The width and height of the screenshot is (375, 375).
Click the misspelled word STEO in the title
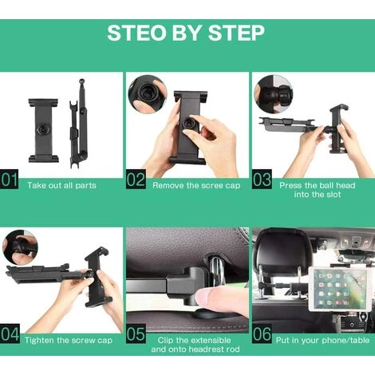pos(137,33)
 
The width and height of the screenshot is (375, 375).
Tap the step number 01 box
pos(9,179)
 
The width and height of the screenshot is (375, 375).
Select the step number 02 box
pos(136,179)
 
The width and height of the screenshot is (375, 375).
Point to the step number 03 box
pos(262,179)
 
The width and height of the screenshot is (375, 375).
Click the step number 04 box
pos(10,334)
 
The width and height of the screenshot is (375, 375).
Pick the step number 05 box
pos(136,334)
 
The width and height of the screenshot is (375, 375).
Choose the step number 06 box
pos(262,334)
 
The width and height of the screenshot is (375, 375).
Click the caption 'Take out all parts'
pos(61,185)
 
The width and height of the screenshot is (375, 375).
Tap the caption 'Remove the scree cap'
pos(196,185)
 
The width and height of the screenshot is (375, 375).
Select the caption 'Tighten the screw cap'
pos(69,341)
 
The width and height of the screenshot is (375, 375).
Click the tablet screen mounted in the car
pos(337,288)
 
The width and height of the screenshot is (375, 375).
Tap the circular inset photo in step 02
pos(147,94)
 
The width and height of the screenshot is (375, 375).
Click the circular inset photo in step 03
pos(274,94)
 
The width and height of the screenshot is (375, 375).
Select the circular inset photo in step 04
pos(20,248)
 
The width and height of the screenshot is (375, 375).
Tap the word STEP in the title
pos(236,33)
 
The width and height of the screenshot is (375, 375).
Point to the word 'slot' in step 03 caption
pos(333,195)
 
